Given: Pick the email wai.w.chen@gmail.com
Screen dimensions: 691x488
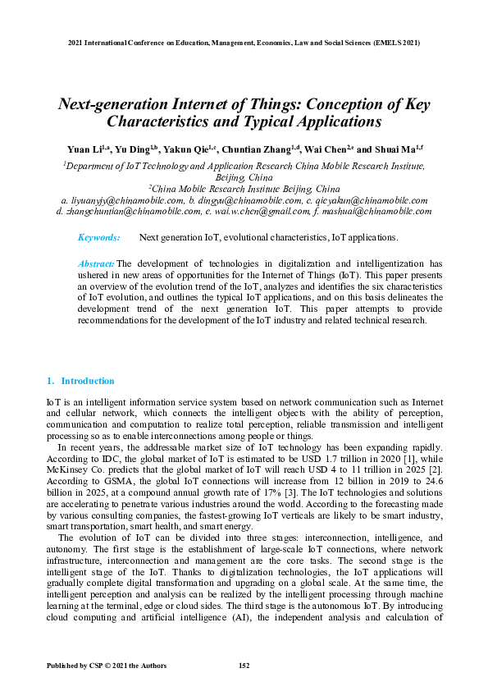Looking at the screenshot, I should point(260,211).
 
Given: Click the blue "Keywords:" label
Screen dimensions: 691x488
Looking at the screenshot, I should point(98,237).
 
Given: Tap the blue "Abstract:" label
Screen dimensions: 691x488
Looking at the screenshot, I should point(96,263).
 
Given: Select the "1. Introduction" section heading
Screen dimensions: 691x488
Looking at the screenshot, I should point(80,381).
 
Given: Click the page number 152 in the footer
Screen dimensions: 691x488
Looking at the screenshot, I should point(244,665).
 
